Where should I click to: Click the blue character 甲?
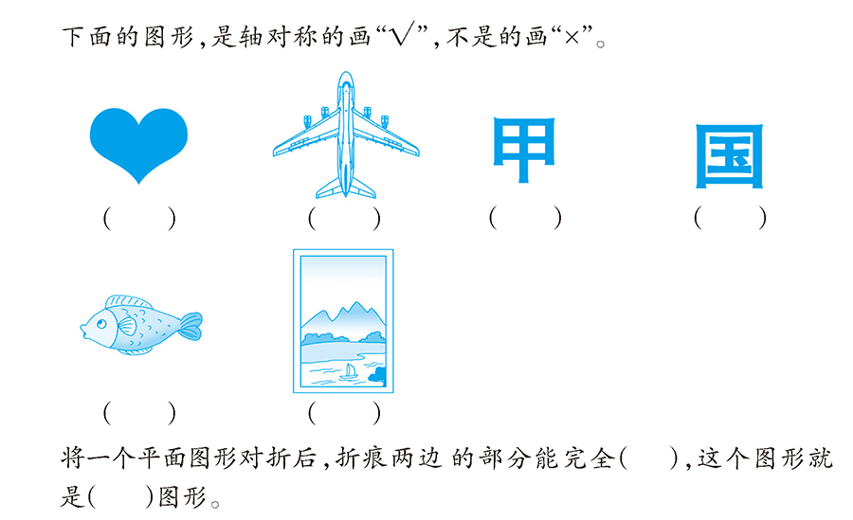(x=523, y=150)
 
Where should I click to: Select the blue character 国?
(x=730, y=156)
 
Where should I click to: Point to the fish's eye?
(x=101, y=324)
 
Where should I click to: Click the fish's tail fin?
(x=191, y=326)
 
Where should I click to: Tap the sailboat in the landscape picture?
(x=348, y=372)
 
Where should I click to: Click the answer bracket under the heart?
(x=139, y=219)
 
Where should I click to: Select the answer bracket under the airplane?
(x=344, y=219)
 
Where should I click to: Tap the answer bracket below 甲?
(x=525, y=218)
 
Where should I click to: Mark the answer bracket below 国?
(x=730, y=218)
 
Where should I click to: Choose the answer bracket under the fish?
(x=139, y=413)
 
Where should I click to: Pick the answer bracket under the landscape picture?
(x=344, y=413)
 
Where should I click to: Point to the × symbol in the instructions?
(x=572, y=37)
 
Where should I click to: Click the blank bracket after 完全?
(x=649, y=458)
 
